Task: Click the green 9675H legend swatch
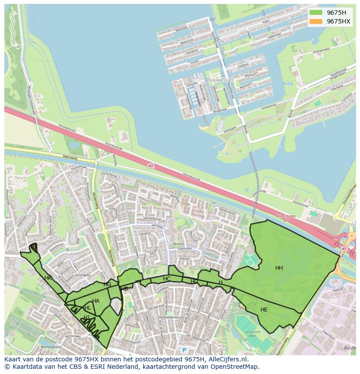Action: click(317, 13)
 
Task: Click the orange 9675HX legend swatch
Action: click(317, 21)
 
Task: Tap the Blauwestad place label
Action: click(220, 80)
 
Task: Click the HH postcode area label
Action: click(279, 268)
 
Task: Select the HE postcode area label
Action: click(264, 310)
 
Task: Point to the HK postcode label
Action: click(48, 278)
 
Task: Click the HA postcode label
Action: click(96, 301)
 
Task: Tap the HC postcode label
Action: click(167, 279)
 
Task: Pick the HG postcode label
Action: click(107, 285)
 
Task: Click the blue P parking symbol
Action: click(184, 350)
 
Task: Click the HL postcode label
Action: click(88, 308)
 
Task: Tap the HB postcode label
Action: click(125, 289)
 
